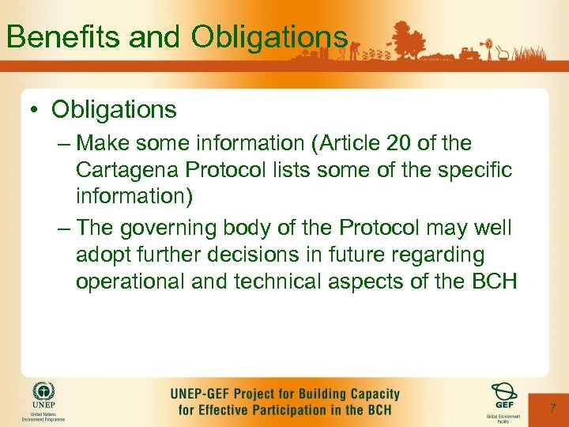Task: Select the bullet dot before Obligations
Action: pyautogui.click(x=37, y=109)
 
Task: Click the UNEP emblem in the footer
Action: pyautogui.click(x=43, y=393)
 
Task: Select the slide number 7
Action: pyautogui.click(x=553, y=408)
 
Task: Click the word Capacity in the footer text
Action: pyautogui.click(x=370, y=394)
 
